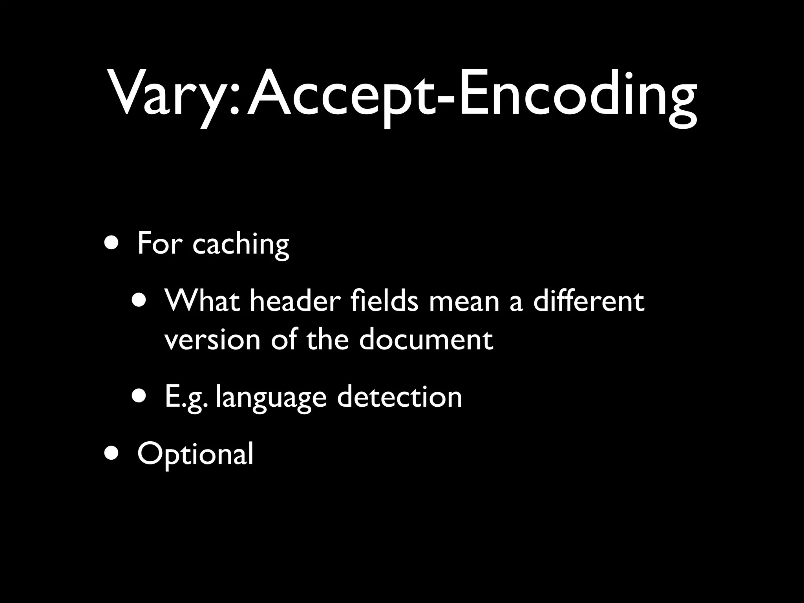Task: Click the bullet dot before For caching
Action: pyautogui.click(x=113, y=243)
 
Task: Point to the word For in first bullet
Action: pyautogui.click(x=159, y=243)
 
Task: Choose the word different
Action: pyautogui.click(x=588, y=301)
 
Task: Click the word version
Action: pyautogui.click(x=212, y=340)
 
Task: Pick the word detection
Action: pyautogui.click(x=400, y=397)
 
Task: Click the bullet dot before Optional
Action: pyautogui.click(x=113, y=453)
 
